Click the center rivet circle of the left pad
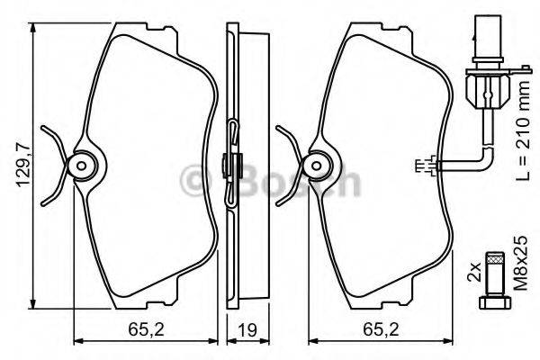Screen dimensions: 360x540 (x=82, y=164)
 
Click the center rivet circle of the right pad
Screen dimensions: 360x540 (x=316, y=164)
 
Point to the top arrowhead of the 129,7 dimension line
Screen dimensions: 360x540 (x=33, y=28)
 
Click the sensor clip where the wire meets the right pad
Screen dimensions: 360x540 (x=427, y=165)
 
